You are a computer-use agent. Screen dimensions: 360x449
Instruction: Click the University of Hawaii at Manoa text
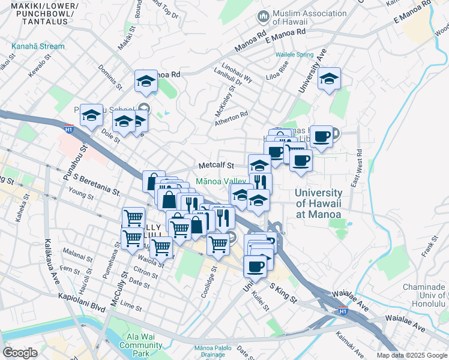pyautogui.click(x=318, y=203)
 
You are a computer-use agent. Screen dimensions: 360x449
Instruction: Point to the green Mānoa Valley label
pyautogui.click(x=221, y=181)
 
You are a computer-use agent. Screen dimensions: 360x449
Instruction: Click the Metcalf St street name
pyautogui.click(x=215, y=166)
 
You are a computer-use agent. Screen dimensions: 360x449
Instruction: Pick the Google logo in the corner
pyautogui.click(x=20, y=353)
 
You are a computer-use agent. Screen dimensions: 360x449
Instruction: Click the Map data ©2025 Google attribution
pyautogui.click(x=412, y=355)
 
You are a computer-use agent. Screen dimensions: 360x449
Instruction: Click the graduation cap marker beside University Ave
pyautogui.click(x=329, y=79)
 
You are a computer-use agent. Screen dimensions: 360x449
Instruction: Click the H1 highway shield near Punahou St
pyautogui.click(x=68, y=127)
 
